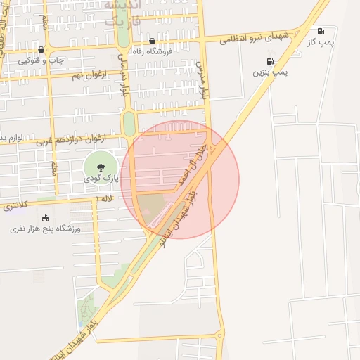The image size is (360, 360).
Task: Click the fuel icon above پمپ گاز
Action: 321,31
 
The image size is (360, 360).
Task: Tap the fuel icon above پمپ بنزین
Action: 270,61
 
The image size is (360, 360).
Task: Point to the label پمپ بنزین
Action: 271,72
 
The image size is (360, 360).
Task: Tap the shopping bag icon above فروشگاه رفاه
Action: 152,41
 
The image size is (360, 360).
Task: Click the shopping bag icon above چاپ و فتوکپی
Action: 41,49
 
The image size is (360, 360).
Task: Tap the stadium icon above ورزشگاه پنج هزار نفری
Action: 46,217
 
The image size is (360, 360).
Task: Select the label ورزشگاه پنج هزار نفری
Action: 46,229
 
